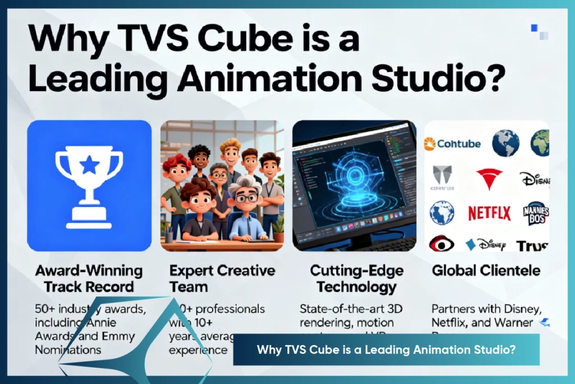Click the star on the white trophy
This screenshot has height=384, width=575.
(89, 165)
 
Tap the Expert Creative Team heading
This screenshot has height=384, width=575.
(222, 278)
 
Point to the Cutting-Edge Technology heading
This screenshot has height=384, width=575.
(357, 278)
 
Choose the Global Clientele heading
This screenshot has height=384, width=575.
(486, 270)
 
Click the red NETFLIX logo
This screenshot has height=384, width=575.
(490, 213)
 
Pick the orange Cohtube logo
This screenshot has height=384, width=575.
(453, 143)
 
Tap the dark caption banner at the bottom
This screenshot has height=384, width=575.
(386, 349)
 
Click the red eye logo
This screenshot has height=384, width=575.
(442, 243)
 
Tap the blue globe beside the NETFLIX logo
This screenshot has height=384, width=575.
(442, 213)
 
